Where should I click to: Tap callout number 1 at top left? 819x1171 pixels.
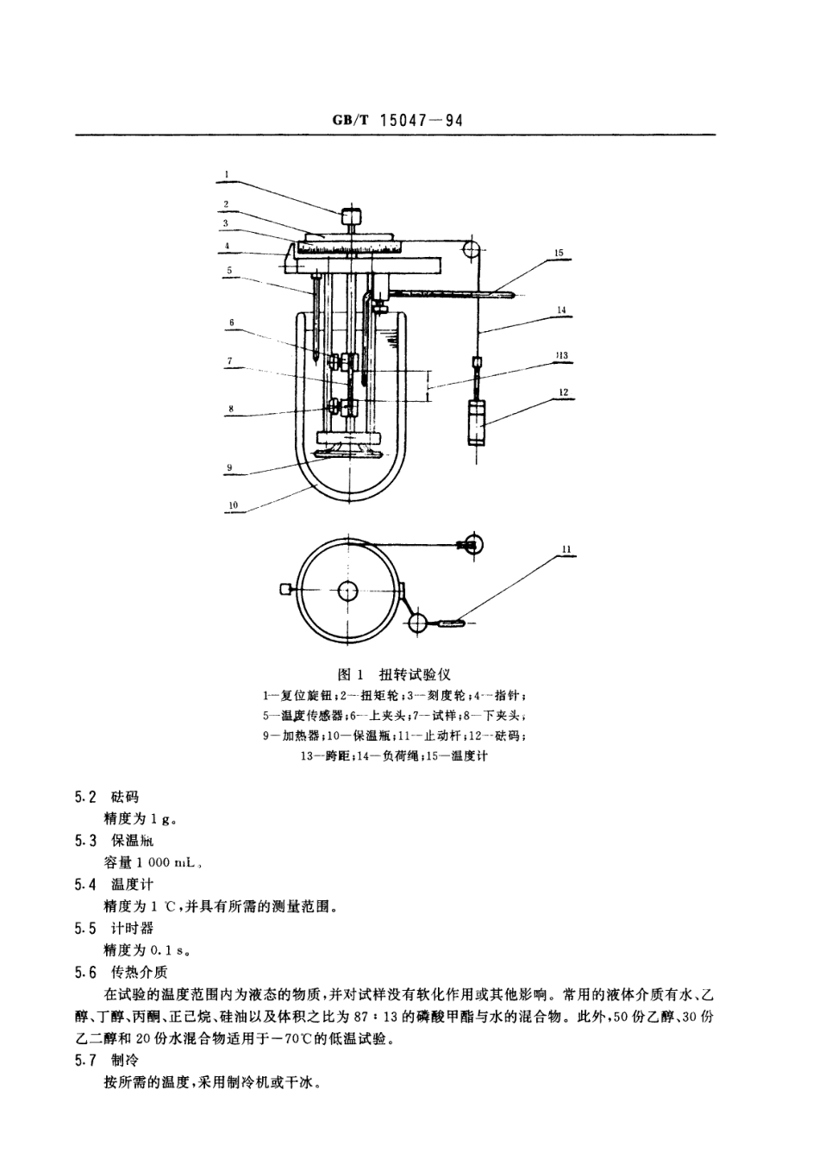226,173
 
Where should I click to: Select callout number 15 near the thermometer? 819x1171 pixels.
559,253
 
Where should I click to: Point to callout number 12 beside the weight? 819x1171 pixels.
562,392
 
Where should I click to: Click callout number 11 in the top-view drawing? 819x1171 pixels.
566,548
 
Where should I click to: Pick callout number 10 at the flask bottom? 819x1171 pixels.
233,505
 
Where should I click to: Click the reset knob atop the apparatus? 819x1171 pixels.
352,217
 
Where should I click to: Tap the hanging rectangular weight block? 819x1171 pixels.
477,422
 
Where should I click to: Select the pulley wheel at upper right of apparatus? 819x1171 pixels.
471,250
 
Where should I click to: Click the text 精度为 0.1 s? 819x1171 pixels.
147,950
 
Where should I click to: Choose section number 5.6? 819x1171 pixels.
85,973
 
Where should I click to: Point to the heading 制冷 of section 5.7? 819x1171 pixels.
124,1061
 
